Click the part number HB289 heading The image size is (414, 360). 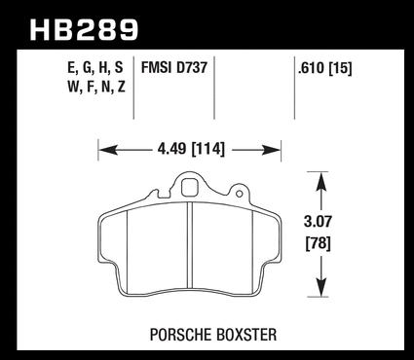tap(84, 30)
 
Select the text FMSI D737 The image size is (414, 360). tap(174, 68)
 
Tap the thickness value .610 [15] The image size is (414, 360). tap(324, 68)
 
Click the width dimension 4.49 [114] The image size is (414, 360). tap(191, 149)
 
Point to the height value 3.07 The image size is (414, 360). tap(319, 222)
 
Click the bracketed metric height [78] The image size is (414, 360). tap(319, 243)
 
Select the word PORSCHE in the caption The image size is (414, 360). tap(180, 335)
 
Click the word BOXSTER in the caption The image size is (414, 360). tap(246, 335)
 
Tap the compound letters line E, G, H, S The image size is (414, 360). tap(95, 68)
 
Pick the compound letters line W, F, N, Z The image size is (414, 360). tap(96, 87)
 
